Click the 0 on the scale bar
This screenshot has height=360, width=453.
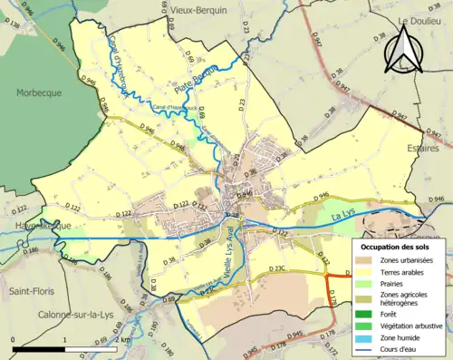click(13, 339)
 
